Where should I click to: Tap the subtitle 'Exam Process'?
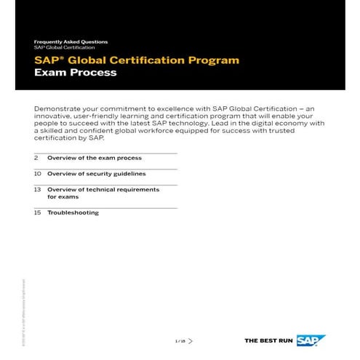(75, 73)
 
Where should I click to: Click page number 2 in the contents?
(36, 158)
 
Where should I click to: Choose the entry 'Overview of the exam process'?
(95, 158)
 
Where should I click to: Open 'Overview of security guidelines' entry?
(97, 175)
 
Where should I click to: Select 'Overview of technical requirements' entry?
(103, 189)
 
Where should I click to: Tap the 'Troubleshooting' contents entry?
(73, 213)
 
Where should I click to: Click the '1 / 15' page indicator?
(180, 340)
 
